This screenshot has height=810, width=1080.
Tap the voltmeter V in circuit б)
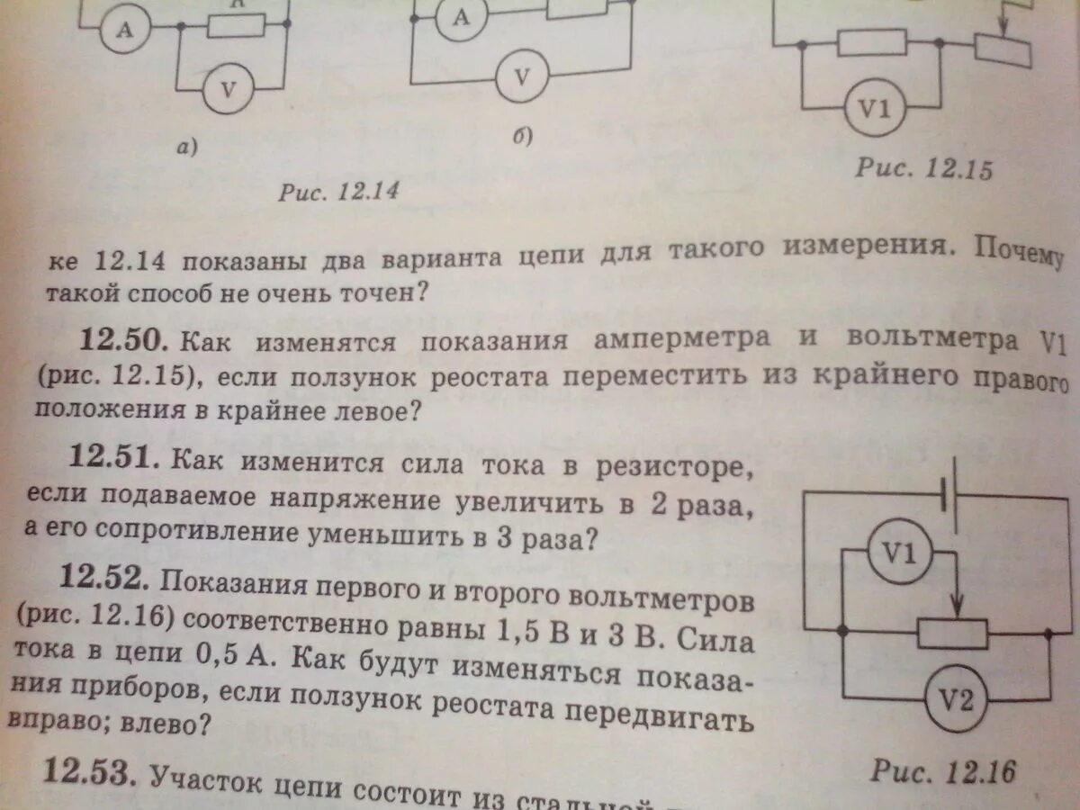tap(521, 76)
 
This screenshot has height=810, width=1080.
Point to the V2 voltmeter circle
tap(956, 699)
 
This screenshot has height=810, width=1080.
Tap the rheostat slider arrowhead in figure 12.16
tap(958, 602)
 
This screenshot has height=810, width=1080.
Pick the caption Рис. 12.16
tap(941, 771)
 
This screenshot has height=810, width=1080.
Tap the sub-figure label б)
tap(523, 136)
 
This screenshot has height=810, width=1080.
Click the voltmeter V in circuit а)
tap(228, 89)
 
